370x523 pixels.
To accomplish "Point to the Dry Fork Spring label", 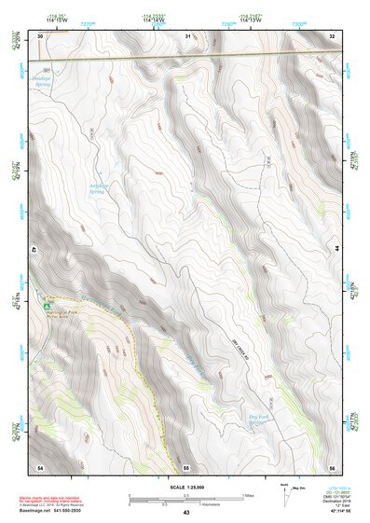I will pyautogui.click(x=258, y=419).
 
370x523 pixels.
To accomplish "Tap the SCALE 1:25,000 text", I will pyautogui.click(x=185, y=487).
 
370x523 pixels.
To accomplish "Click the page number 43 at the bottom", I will pyautogui.click(x=185, y=513).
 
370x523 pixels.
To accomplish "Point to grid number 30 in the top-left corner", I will pyautogui.click(x=39, y=36).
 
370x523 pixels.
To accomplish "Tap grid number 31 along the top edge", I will pyautogui.click(x=187, y=36).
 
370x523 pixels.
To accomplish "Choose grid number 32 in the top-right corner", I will pyautogui.click(x=331, y=36).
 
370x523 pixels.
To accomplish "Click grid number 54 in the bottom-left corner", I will pyautogui.click(x=39, y=465).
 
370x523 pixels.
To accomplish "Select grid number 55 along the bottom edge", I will pyautogui.click(x=186, y=465).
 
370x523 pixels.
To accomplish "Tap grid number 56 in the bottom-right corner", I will pyautogui.click(x=331, y=465).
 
